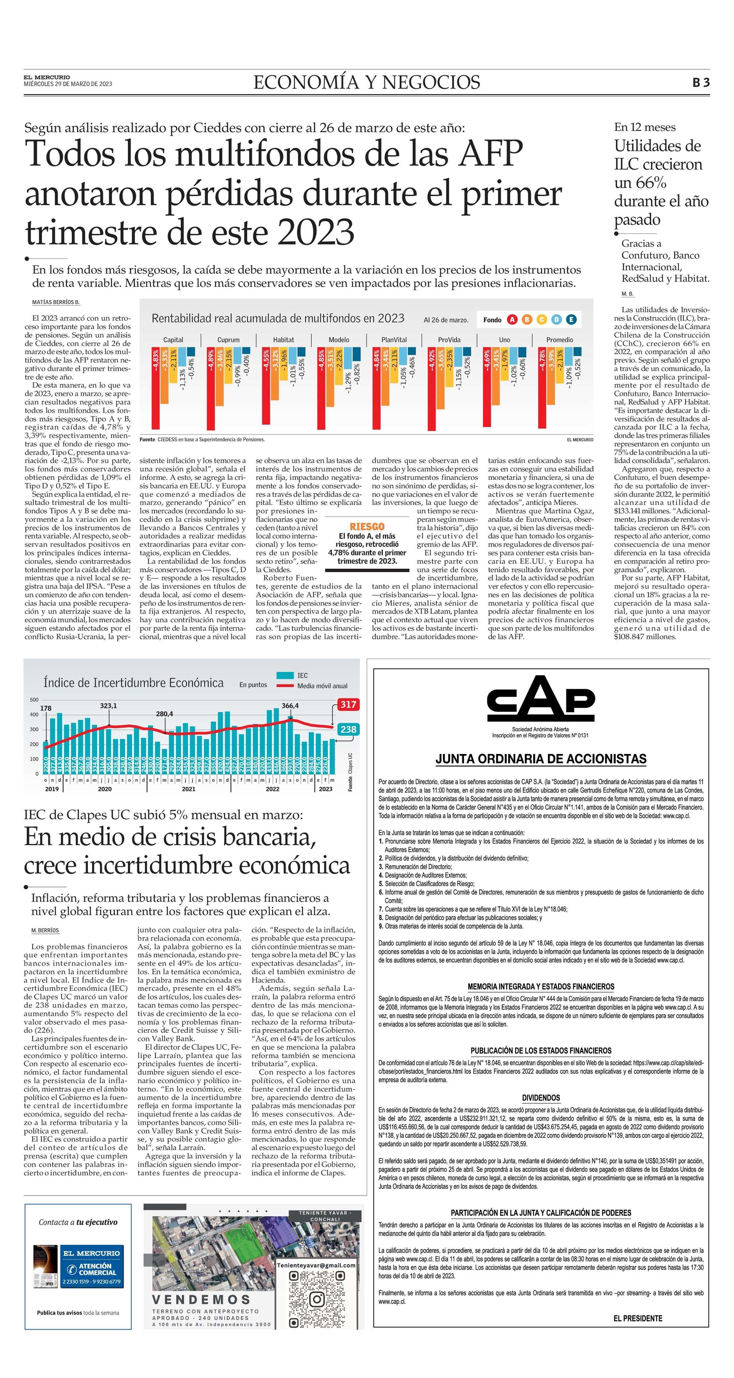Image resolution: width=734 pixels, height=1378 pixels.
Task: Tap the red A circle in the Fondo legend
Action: (x=512, y=320)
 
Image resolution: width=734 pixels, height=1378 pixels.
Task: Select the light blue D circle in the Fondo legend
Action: (x=556, y=320)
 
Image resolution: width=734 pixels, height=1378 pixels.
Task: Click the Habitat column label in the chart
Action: (x=283, y=340)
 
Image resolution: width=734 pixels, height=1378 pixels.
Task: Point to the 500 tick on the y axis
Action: (x=34, y=700)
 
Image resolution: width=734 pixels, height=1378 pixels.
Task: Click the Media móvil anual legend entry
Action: (x=322, y=686)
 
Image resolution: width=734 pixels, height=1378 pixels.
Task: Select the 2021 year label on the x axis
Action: (x=188, y=789)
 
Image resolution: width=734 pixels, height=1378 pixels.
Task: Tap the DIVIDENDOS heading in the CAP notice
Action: (x=540, y=1098)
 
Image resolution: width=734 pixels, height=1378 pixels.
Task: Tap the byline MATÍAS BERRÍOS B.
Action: (x=56, y=302)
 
